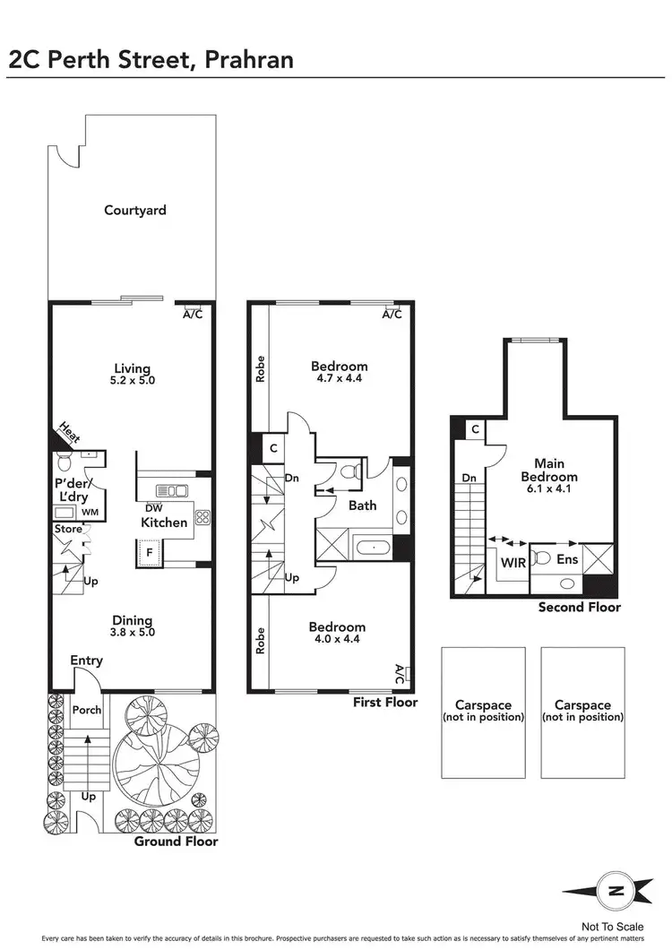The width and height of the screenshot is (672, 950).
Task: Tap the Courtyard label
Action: pyautogui.click(x=135, y=211)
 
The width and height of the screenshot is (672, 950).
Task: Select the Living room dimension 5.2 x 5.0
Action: pyautogui.click(x=133, y=380)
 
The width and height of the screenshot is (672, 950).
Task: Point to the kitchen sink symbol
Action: pyautogui.click(x=170, y=490)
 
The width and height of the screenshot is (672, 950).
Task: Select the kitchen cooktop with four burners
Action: pyautogui.click(x=202, y=516)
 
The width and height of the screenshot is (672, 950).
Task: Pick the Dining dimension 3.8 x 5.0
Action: pyautogui.click(x=133, y=633)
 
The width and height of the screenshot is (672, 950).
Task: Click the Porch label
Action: pyautogui.click(x=87, y=711)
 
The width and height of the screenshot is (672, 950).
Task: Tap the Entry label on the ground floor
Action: pyautogui.click(x=87, y=661)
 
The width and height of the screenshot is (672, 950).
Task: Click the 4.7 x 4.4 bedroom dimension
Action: pyautogui.click(x=340, y=378)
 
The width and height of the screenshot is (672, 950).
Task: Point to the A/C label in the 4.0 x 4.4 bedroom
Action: pyautogui.click(x=399, y=672)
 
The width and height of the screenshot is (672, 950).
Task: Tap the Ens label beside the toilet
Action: pyautogui.click(x=569, y=559)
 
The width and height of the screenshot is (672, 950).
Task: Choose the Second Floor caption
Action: pyautogui.click(x=579, y=607)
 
